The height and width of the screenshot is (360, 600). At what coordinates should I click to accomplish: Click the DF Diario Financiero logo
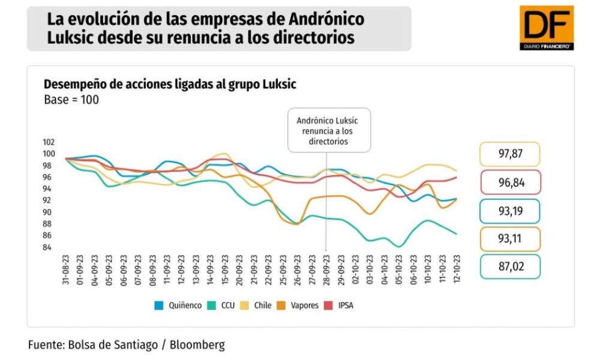pos(546,28)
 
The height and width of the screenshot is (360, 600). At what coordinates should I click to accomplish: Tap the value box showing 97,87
pos(510,154)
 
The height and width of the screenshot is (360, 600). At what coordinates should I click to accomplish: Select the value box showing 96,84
pos(510,182)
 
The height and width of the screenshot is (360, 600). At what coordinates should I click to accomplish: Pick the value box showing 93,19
pos(510,211)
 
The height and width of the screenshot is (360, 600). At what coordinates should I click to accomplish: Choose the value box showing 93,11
pos(510,239)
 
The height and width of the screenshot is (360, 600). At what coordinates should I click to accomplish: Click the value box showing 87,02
pos(510,267)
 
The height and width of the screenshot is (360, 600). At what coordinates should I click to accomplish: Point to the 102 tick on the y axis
pos(49,142)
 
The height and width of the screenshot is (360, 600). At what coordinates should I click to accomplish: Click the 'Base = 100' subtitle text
pos(71,100)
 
